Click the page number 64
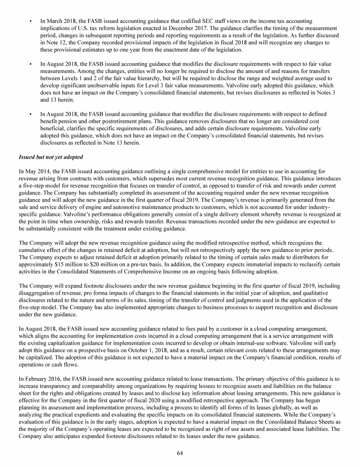pyautogui.click(x=180, y=453)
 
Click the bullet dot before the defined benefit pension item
pyautogui.click(x=30, y=114)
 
